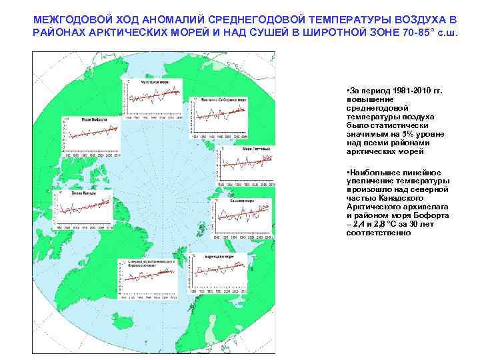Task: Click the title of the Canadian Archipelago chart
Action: pyautogui.click(x=151, y=263)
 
